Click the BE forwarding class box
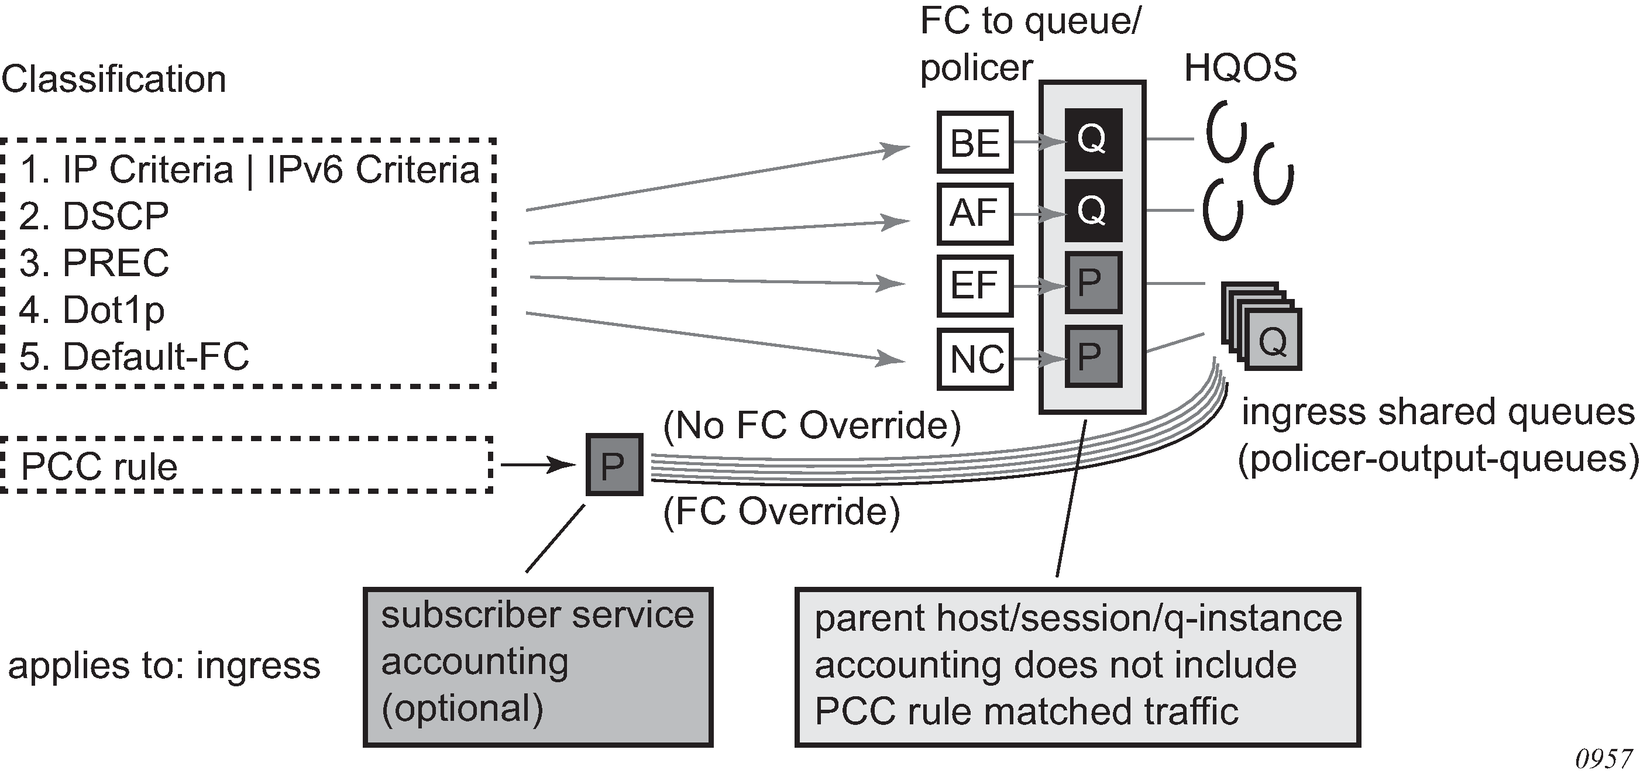point(975,142)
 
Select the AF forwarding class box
point(975,214)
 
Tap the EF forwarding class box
point(975,286)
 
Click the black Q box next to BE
point(1092,139)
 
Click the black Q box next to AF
point(1092,211)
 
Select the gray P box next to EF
point(1092,282)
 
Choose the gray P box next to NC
point(1092,355)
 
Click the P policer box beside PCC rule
point(614,465)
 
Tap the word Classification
point(114,79)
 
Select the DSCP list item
point(94,216)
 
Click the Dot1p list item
point(92,310)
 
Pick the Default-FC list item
point(134,357)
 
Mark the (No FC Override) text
point(812,425)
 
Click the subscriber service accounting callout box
point(538,667)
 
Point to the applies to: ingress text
point(164,666)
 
